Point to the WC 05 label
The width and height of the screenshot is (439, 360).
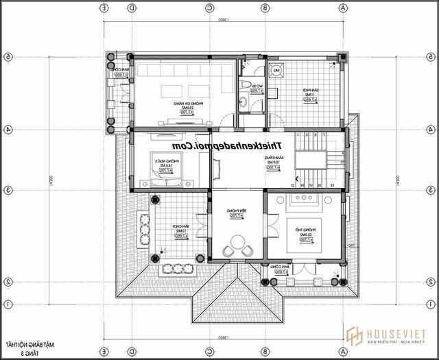coord(254,86)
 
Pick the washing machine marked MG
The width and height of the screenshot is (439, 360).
coord(276,70)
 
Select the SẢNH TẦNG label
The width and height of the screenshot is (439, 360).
coord(273,161)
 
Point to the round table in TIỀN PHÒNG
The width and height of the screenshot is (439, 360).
coord(237,242)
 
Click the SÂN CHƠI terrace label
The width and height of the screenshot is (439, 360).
coord(180,230)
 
